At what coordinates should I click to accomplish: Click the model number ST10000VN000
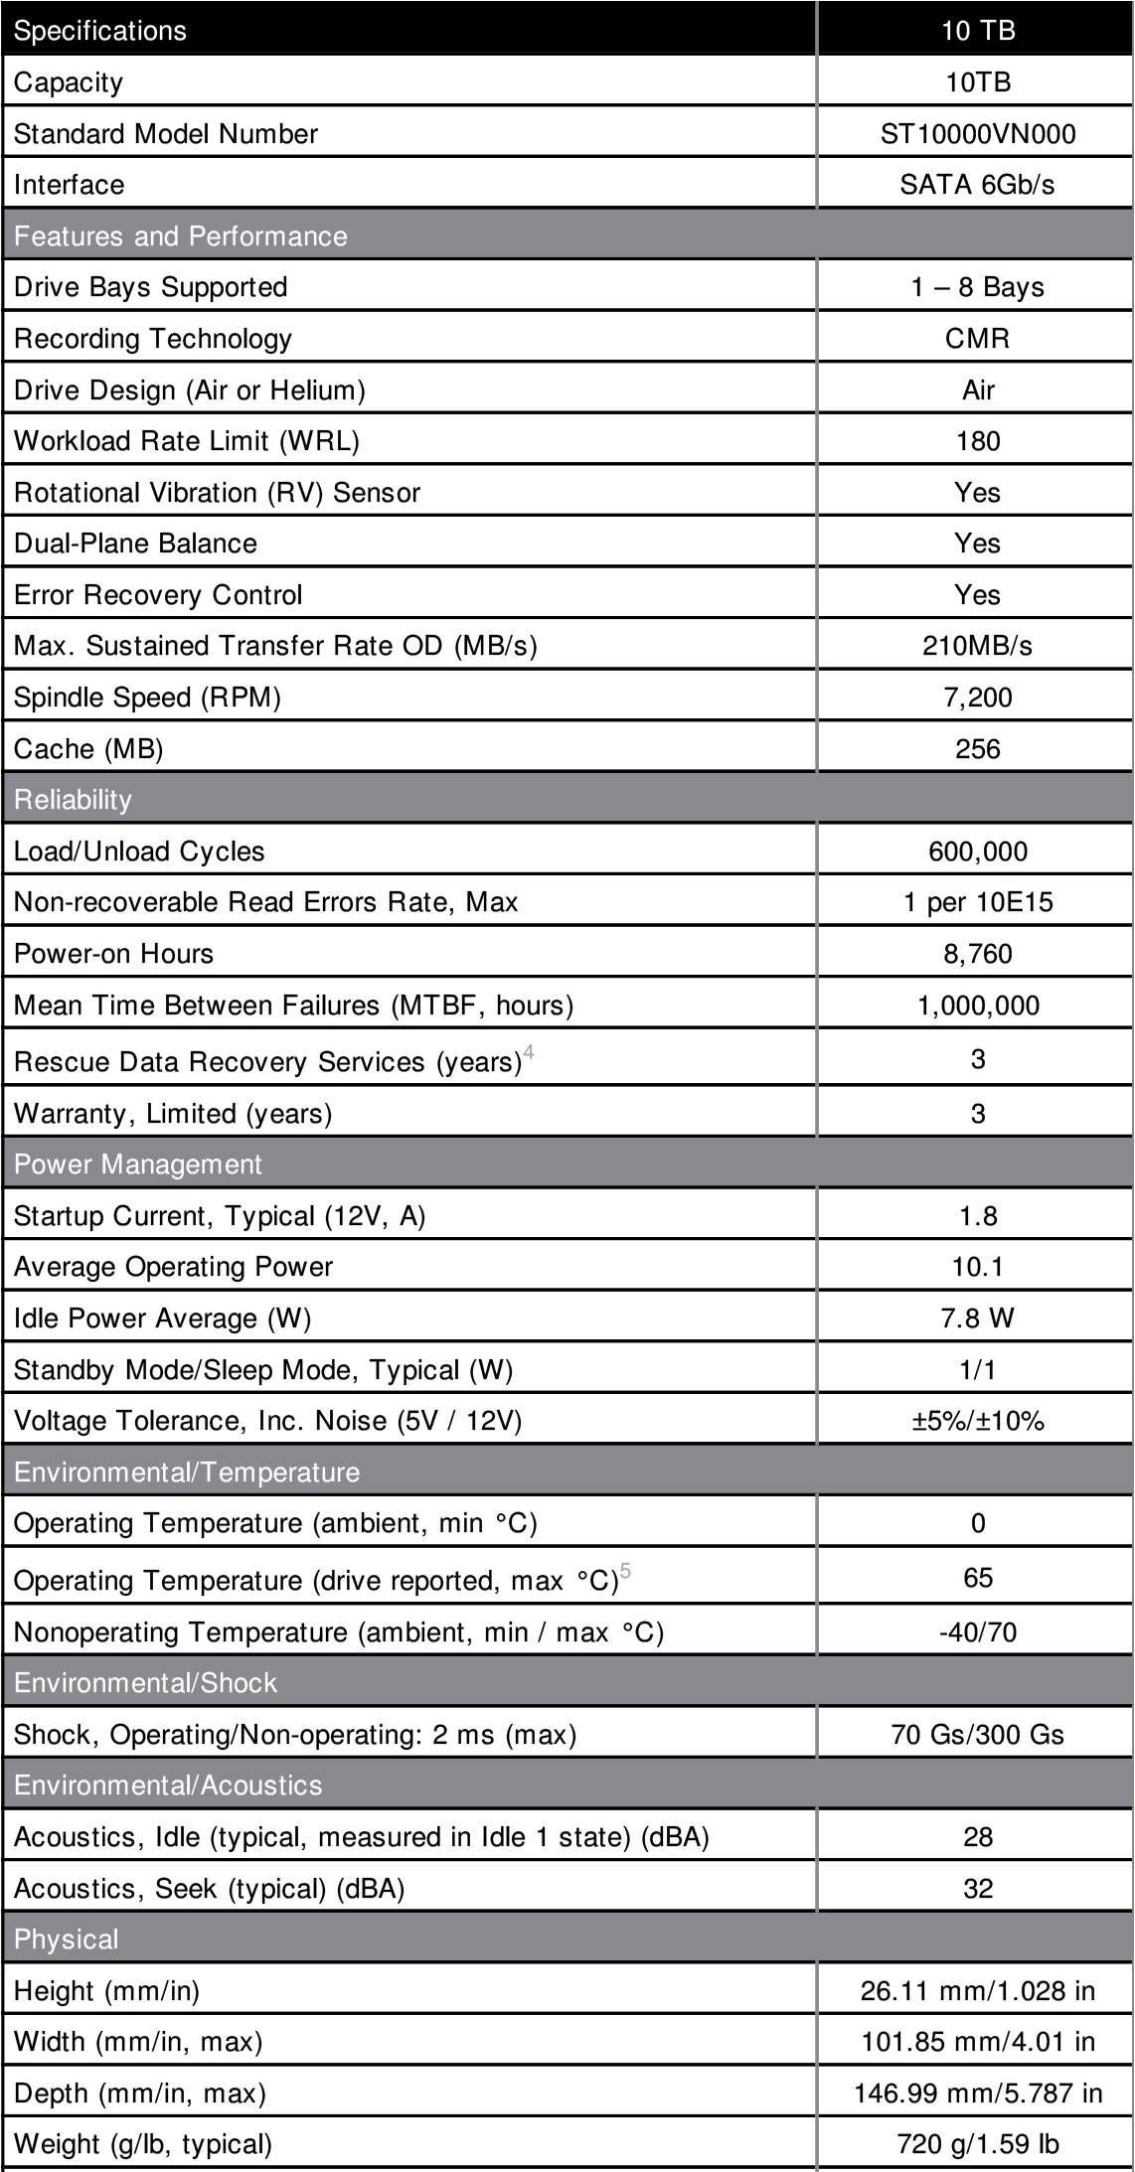[x=977, y=134]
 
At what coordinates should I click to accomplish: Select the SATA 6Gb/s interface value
[x=977, y=185]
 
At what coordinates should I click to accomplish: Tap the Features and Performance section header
[x=181, y=236]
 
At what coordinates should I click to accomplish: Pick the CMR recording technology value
[x=977, y=339]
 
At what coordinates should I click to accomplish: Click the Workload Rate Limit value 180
[x=977, y=441]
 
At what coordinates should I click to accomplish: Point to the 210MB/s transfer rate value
[x=977, y=646]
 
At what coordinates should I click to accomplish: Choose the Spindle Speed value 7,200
[x=977, y=698]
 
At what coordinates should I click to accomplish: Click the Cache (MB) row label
[x=88, y=749]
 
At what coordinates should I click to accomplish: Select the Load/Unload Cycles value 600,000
[x=977, y=852]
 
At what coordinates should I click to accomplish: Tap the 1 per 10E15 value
[x=977, y=902]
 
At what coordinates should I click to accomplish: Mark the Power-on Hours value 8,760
[x=977, y=954]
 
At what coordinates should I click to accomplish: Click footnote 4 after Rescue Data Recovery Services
[x=529, y=1052]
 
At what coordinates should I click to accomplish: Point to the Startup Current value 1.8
[x=977, y=1216]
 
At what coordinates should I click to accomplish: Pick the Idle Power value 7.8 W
[x=977, y=1319]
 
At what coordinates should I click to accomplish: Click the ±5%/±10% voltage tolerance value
[x=977, y=1421]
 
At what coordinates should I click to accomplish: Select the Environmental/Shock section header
[x=146, y=1683]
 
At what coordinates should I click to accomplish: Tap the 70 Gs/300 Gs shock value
[x=977, y=1735]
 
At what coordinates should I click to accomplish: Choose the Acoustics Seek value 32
[x=977, y=1888]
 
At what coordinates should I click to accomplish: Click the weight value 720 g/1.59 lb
[x=977, y=2144]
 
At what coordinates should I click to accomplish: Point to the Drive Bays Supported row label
[x=151, y=287]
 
